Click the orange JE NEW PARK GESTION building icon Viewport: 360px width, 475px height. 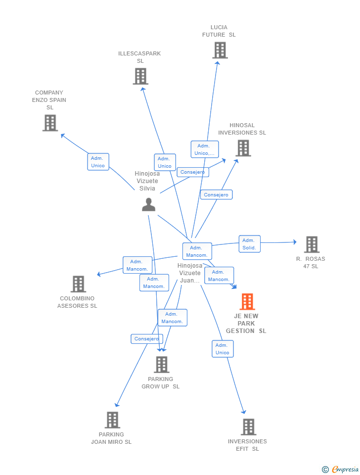247,301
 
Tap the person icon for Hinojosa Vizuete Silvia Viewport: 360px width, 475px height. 149,204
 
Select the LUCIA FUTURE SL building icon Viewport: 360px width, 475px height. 220,50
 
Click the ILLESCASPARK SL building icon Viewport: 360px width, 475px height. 140,76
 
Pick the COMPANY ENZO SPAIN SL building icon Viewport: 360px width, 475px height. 50,123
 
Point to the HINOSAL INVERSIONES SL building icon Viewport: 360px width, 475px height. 243,148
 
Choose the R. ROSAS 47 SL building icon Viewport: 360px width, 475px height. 312,244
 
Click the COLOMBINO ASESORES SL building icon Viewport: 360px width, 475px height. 79,284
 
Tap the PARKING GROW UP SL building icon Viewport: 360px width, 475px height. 162,365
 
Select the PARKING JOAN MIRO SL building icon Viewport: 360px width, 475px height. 112,420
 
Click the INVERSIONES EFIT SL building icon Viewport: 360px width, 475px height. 249,427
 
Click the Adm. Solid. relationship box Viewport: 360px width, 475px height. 250,244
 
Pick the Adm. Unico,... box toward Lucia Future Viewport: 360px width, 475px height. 205,149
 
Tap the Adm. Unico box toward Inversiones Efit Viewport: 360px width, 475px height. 223,349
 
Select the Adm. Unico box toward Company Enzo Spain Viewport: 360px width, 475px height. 98,162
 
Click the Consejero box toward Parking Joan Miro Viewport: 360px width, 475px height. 147,338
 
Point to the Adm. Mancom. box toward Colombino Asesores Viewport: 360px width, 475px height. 137,265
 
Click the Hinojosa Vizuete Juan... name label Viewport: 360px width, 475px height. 190,273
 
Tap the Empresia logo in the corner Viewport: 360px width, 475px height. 341,469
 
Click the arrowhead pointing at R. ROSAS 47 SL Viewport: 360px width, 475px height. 295,242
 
